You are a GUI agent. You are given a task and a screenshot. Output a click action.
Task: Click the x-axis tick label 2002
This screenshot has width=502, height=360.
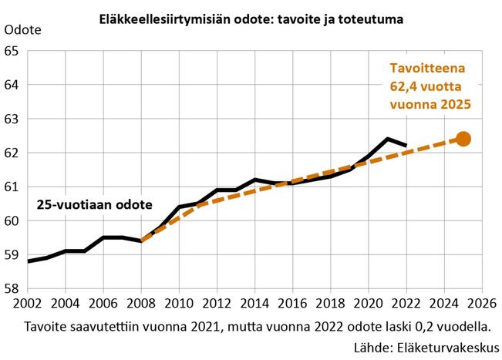click(27, 303)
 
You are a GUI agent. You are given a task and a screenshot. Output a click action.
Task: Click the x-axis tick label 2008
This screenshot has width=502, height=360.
click(141, 303)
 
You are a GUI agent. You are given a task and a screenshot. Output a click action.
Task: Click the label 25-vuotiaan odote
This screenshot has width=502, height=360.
click(95, 205)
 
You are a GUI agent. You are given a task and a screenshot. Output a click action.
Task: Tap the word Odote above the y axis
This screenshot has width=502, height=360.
click(24, 31)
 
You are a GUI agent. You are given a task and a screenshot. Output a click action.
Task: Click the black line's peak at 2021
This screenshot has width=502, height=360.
click(388, 139)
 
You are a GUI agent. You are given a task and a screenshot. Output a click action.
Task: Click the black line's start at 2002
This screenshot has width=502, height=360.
click(28, 261)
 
